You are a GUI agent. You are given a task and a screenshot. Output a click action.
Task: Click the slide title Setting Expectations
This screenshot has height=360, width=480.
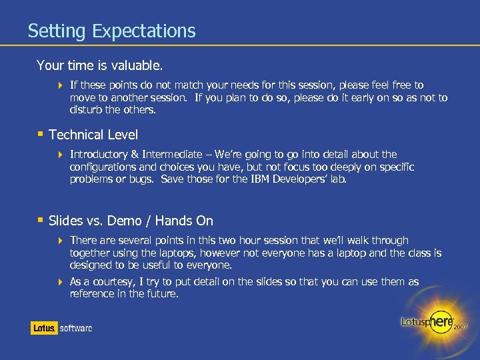tap(111, 31)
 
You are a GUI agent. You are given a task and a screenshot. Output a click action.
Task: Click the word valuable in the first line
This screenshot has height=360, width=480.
tap(138, 65)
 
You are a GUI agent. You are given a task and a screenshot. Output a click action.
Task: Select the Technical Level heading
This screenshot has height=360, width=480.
tap(93, 135)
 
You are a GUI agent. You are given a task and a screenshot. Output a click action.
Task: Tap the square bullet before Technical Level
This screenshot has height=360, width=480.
tap(40, 133)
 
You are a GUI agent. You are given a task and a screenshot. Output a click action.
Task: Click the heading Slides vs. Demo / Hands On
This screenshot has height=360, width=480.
tap(131, 221)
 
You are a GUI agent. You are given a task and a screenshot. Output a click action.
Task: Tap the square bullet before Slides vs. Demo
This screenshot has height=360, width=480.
tap(40, 219)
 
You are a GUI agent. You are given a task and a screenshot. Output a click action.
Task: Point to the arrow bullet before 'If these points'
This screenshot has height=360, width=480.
tap(60, 85)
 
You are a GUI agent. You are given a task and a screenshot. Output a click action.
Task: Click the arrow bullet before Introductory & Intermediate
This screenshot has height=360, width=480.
tap(60, 155)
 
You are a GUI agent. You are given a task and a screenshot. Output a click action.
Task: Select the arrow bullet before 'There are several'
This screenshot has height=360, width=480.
tap(60, 241)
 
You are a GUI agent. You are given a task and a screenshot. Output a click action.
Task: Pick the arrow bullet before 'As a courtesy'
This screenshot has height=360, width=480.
tap(60, 282)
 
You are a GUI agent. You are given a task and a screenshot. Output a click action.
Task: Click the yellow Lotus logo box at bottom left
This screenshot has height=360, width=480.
tap(44, 328)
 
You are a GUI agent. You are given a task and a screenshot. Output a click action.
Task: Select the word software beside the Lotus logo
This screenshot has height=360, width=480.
tap(76, 328)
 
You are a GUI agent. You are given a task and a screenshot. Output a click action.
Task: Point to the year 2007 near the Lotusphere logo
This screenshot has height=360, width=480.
tap(461, 327)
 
